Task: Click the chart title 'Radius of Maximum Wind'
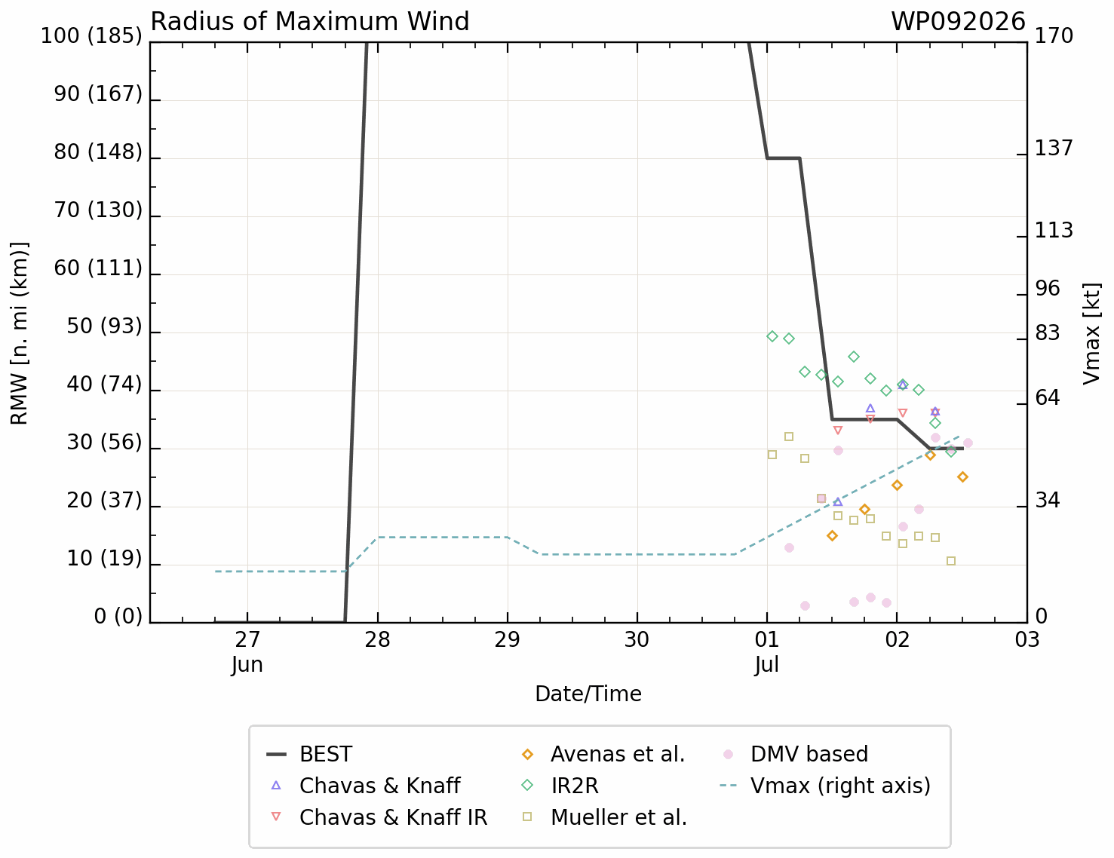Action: pos(310,22)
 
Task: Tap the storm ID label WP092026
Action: pos(958,22)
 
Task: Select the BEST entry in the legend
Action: pos(310,754)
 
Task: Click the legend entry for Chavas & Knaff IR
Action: pos(379,817)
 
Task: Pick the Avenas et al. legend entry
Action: pos(603,754)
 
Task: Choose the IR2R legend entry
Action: pos(560,786)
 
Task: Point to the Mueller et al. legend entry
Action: pos(604,817)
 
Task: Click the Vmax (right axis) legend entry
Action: pos(825,786)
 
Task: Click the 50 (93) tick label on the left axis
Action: pos(104,326)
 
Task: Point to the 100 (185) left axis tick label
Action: pos(91,36)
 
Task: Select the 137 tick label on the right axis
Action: pos(1054,148)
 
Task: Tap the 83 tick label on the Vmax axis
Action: pos(1048,333)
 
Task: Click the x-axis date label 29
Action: pos(507,639)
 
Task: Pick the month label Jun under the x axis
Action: pos(247,665)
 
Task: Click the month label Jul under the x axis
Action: pos(766,665)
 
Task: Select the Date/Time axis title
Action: pos(588,694)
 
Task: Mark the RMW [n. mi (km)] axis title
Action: pos(20,333)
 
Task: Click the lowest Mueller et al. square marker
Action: pos(951,561)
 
